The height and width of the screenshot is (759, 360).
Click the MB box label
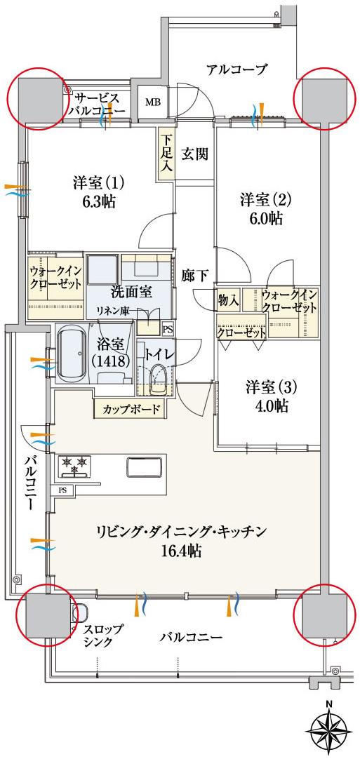click(x=152, y=102)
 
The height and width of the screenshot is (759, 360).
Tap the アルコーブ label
click(x=237, y=69)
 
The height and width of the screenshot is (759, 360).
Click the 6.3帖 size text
click(x=98, y=202)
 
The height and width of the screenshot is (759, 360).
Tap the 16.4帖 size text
click(x=182, y=551)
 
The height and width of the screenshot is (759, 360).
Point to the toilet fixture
click(x=159, y=379)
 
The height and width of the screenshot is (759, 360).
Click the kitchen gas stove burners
click(x=74, y=464)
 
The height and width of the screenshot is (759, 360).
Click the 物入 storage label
click(x=229, y=300)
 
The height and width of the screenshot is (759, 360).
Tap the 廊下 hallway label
click(x=194, y=275)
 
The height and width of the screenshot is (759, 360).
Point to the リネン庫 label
click(x=113, y=311)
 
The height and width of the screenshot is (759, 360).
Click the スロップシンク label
click(x=102, y=635)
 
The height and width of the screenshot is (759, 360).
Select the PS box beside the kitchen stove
click(x=63, y=490)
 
